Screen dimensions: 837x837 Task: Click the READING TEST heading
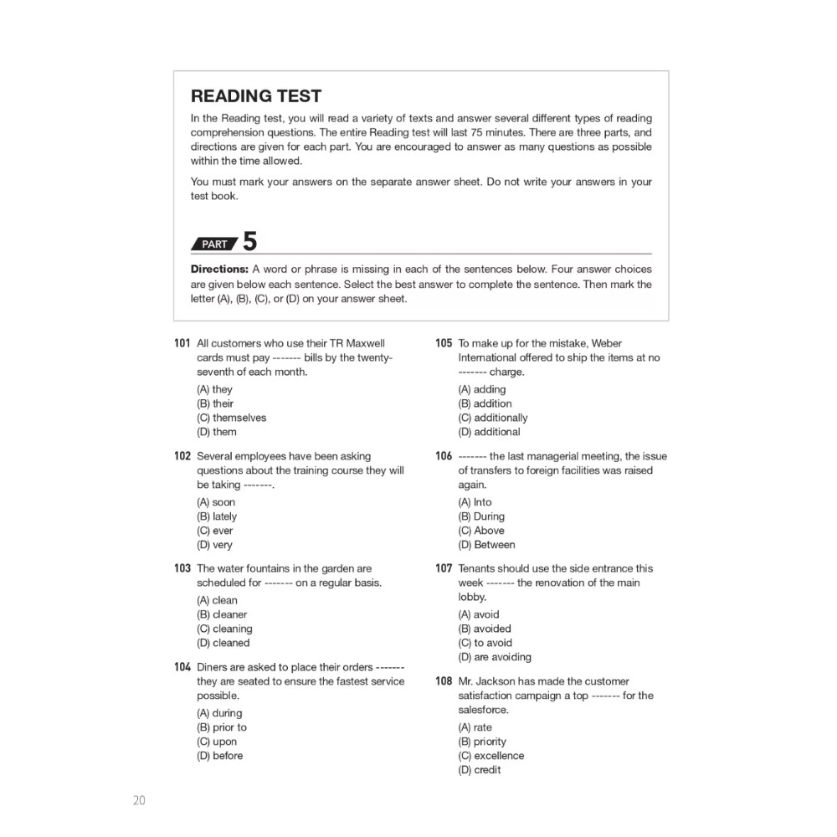256,96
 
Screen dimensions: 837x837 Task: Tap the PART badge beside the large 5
215,244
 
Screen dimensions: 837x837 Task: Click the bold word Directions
219,270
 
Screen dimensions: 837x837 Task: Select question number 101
182,343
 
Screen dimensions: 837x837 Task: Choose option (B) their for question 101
215,403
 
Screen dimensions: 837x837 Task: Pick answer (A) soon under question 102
216,502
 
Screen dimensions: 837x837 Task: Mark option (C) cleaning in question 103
224,629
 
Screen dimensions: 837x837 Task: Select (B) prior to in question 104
222,727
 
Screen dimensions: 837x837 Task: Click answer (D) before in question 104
220,756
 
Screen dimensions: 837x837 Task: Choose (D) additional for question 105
489,432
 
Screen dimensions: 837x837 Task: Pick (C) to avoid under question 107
485,643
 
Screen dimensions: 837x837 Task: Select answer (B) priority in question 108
482,742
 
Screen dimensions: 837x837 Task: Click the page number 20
139,800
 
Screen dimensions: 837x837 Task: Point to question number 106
444,456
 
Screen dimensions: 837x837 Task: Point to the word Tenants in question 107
479,568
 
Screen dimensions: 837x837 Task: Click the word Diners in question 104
213,667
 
